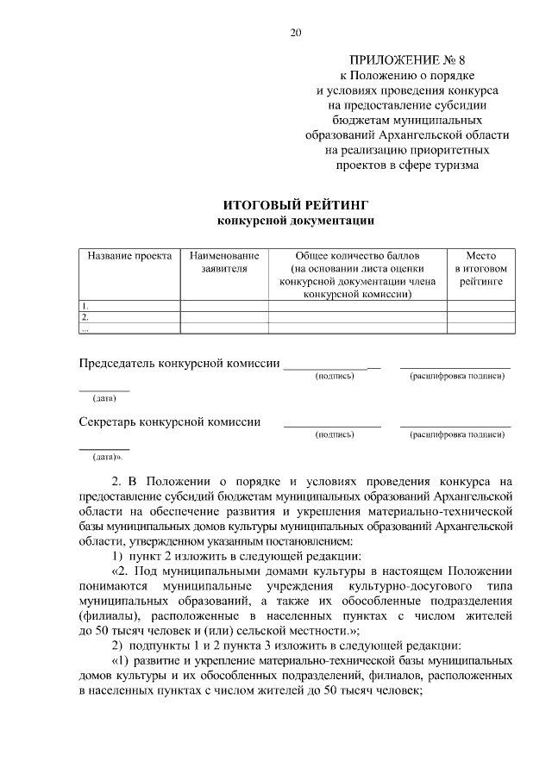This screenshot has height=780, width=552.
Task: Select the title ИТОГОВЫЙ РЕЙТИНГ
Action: pos(296,205)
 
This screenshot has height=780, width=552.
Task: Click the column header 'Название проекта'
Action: pos(129,257)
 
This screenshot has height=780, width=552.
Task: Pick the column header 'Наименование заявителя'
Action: pos(224,263)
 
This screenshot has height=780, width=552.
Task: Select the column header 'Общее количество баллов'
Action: pos(357,257)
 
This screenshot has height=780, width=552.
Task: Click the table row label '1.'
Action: pos(85,306)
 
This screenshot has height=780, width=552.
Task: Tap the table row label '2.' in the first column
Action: pos(85,317)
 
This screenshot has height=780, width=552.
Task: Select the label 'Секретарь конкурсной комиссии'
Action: pos(170,421)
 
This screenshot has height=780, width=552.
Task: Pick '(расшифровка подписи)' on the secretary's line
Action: pos(456,435)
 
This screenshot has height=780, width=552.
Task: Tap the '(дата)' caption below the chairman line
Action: pos(104,398)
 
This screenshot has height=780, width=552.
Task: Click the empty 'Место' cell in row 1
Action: pos(481,306)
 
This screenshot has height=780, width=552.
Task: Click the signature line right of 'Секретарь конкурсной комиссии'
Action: pos(332,426)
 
